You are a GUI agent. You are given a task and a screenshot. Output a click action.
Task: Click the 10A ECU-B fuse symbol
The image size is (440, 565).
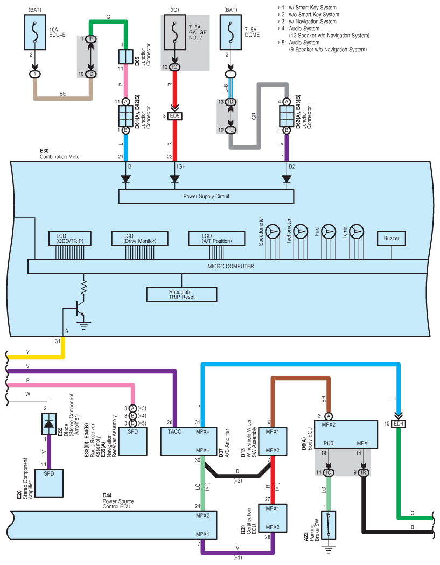pos(34,32)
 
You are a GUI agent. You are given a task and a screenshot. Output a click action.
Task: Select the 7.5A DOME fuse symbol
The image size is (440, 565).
pos(231,32)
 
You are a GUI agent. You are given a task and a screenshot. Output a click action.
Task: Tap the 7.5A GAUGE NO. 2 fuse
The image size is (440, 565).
pos(175,32)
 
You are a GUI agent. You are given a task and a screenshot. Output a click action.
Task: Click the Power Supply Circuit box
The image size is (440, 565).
pos(206,197)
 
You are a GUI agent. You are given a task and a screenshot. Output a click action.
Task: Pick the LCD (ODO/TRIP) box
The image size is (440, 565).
pos(70,239)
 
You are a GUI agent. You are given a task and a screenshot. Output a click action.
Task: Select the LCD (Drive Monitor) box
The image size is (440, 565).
pos(140,239)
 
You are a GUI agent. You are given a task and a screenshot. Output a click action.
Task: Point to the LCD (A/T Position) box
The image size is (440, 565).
pos(216,239)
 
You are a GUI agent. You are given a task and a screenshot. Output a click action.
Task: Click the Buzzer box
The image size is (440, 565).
pos(392,239)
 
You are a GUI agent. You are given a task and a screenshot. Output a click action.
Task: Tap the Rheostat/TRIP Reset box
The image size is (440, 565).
pos(181,295)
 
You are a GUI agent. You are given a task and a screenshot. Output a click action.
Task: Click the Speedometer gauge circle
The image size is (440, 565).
pos(273,232)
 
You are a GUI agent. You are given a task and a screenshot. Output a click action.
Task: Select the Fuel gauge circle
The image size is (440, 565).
pos(329,232)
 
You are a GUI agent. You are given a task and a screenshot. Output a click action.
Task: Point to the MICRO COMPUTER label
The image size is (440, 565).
pos(231,266)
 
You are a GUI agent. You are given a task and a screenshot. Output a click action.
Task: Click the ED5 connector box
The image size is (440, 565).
pos(175,116)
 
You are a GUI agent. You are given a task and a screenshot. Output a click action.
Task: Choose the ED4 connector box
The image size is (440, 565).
pos(399,424)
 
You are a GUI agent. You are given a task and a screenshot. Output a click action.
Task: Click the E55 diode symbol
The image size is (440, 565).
pos(49,424)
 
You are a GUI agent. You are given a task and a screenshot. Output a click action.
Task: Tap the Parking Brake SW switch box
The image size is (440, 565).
pos(329,525)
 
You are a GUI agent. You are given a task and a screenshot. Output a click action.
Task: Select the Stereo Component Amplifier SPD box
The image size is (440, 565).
pos(49,483)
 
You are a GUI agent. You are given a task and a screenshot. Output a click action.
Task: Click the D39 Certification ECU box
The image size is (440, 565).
pos(273,518)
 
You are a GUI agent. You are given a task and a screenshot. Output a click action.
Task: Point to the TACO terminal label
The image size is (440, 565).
pos(175,431)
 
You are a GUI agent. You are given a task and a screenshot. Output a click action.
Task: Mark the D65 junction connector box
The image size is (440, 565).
pos(126,57)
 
